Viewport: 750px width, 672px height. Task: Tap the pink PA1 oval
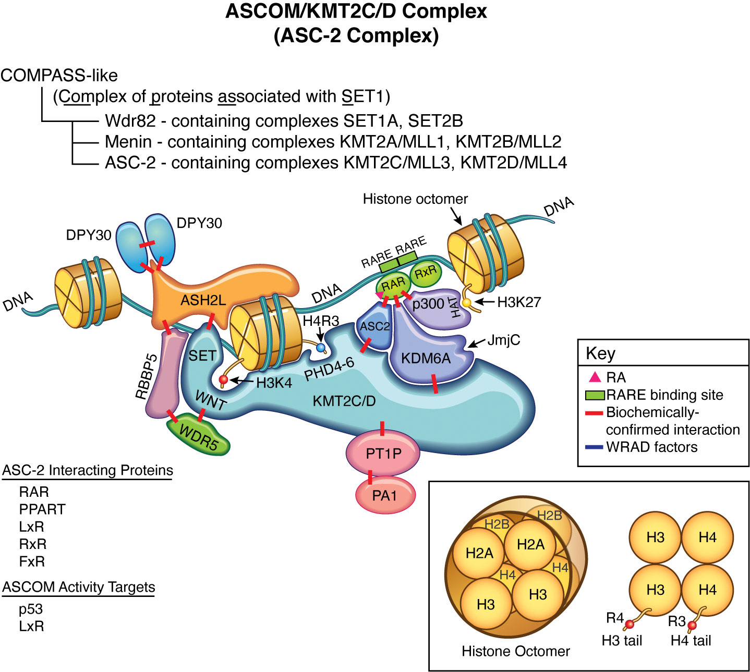point(385,495)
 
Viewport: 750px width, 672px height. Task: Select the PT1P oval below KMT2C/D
point(383,454)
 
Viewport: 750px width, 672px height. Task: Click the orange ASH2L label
point(203,300)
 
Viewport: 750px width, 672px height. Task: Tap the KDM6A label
point(426,358)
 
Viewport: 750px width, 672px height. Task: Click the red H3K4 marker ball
point(224,380)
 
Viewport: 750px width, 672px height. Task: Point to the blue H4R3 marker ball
point(321,347)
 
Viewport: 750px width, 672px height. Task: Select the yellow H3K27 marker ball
point(467,302)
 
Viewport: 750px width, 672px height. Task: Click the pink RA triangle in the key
point(595,376)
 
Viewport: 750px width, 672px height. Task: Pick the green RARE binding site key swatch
point(595,395)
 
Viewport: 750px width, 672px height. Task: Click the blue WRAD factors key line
point(594,447)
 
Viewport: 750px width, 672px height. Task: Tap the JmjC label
point(503,340)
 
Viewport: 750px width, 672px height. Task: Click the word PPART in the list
point(42,509)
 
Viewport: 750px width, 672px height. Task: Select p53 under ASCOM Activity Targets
point(31,609)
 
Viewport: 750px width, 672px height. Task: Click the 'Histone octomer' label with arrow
point(415,199)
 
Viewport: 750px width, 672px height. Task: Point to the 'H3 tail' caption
point(622,641)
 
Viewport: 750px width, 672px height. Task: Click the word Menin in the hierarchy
point(128,142)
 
